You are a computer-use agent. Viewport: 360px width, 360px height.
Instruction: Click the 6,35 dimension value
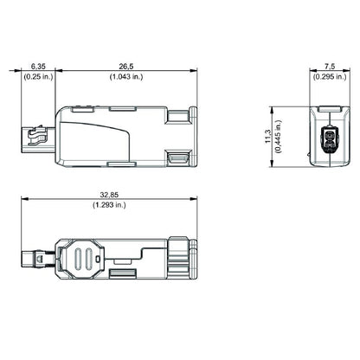coord(38,66)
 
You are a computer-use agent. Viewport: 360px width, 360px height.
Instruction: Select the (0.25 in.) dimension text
coord(38,77)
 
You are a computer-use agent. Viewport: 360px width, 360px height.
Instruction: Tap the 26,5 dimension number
coord(126,66)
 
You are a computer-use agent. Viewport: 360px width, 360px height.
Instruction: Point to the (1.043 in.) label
coord(126,77)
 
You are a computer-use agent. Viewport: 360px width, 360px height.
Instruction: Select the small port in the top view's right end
coord(182,158)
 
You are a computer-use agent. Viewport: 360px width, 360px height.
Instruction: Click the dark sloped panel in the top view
coord(105,138)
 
